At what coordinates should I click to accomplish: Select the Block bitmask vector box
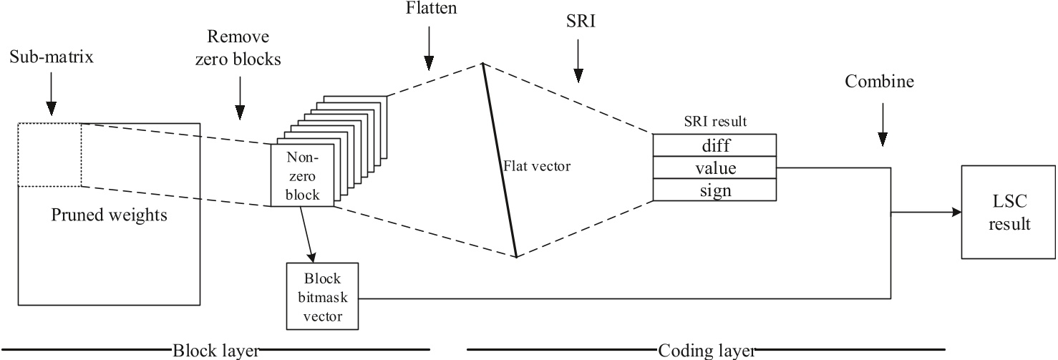click(x=322, y=296)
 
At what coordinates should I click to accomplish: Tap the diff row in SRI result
click(x=714, y=145)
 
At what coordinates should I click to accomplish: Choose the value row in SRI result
click(x=714, y=168)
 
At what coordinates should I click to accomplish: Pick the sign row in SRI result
click(x=714, y=190)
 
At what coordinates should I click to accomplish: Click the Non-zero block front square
click(x=301, y=176)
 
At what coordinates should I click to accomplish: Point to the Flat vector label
click(x=536, y=167)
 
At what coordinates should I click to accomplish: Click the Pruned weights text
click(x=109, y=215)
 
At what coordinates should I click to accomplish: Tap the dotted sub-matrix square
click(x=49, y=155)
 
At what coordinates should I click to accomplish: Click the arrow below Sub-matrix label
click(x=52, y=96)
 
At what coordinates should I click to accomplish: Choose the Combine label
click(x=880, y=82)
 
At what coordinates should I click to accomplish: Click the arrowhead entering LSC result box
click(x=957, y=213)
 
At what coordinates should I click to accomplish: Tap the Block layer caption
click(x=215, y=351)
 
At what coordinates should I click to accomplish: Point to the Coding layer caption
click(x=706, y=351)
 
